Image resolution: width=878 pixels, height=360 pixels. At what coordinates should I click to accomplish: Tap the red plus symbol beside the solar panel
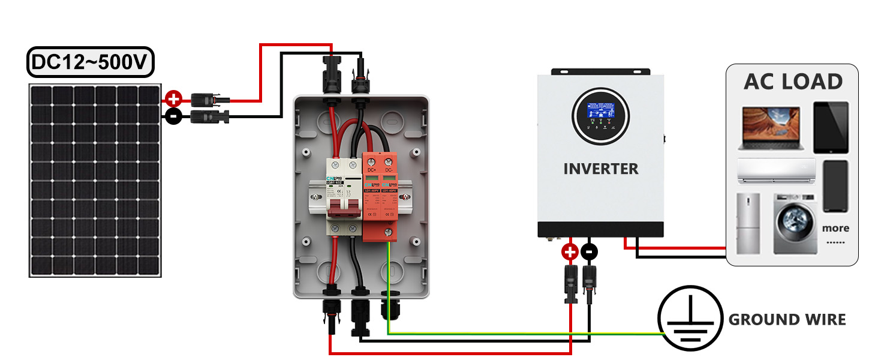pyautogui.click(x=173, y=98)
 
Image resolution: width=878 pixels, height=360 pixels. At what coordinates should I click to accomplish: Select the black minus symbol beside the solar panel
pyautogui.click(x=173, y=116)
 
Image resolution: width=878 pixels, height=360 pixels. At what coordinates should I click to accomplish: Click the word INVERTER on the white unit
pyautogui.click(x=601, y=169)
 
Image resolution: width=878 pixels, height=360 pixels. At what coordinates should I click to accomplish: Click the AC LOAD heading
pyautogui.click(x=793, y=82)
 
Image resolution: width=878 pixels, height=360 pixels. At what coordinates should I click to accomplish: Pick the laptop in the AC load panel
pyautogui.click(x=771, y=128)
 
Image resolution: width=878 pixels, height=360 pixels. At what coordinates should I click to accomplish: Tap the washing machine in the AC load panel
pyautogui.click(x=796, y=224)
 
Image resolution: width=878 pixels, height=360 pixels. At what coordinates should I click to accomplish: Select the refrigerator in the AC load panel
pyautogui.click(x=748, y=223)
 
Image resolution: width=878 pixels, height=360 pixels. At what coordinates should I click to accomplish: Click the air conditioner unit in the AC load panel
pyautogui.click(x=776, y=170)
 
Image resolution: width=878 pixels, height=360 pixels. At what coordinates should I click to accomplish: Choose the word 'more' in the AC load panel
pyautogui.click(x=835, y=228)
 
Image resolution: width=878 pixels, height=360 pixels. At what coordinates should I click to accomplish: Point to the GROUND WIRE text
pyautogui.click(x=787, y=320)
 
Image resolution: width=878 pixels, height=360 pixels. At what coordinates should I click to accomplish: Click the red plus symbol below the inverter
pyautogui.click(x=570, y=252)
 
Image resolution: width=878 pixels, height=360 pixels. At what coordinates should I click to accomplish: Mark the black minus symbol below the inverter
pyautogui.click(x=590, y=252)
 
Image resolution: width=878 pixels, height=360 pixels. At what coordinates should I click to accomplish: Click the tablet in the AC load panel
pyautogui.click(x=831, y=127)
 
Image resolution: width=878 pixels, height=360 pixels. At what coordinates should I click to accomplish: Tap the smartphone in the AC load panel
pyautogui.click(x=835, y=186)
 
